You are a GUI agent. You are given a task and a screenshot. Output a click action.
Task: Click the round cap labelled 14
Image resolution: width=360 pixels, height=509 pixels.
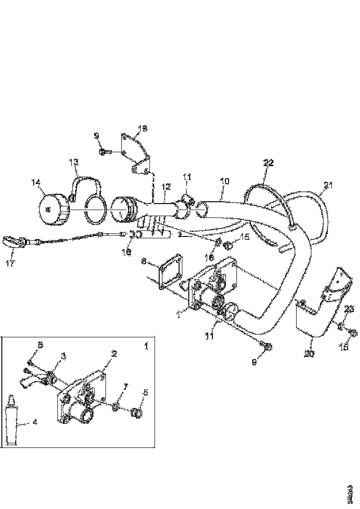(x=51, y=209)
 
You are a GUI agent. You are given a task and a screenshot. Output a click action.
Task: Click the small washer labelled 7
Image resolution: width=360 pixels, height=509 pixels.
(x=116, y=406)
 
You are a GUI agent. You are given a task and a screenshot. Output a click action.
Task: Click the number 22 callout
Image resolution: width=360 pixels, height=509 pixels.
(x=269, y=163)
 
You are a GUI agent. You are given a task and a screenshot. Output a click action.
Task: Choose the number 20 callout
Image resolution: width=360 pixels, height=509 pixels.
(x=310, y=354)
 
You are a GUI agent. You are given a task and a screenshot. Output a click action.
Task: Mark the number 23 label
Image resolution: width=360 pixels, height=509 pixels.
(x=349, y=309)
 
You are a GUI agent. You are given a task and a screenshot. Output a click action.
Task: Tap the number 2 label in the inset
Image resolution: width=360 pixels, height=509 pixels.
(x=114, y=354)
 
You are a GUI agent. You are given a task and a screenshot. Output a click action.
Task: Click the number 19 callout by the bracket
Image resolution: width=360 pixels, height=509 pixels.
(x=142, y=128)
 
